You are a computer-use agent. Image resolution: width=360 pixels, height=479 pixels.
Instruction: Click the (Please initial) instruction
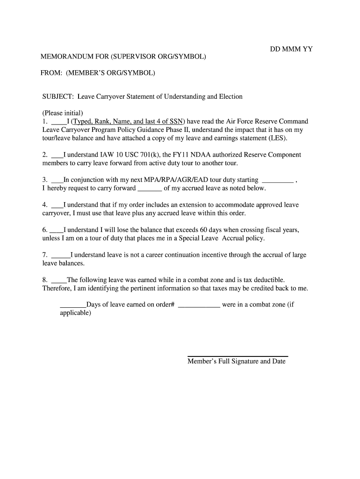[x=63, y=113]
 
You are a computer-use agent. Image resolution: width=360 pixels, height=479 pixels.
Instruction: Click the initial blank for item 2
[x=57, y=155]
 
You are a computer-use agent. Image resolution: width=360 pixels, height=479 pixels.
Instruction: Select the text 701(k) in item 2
[x=150, y=155]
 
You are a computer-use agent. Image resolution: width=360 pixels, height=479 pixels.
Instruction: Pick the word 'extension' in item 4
[x=189, y=205]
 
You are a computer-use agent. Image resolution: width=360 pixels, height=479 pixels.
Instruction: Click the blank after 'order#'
[x=199, y=305]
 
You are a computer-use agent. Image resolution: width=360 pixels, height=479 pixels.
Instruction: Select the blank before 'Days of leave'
[x=73, y=305]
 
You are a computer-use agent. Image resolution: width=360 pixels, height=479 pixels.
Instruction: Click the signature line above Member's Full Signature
[x=238, y=356]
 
